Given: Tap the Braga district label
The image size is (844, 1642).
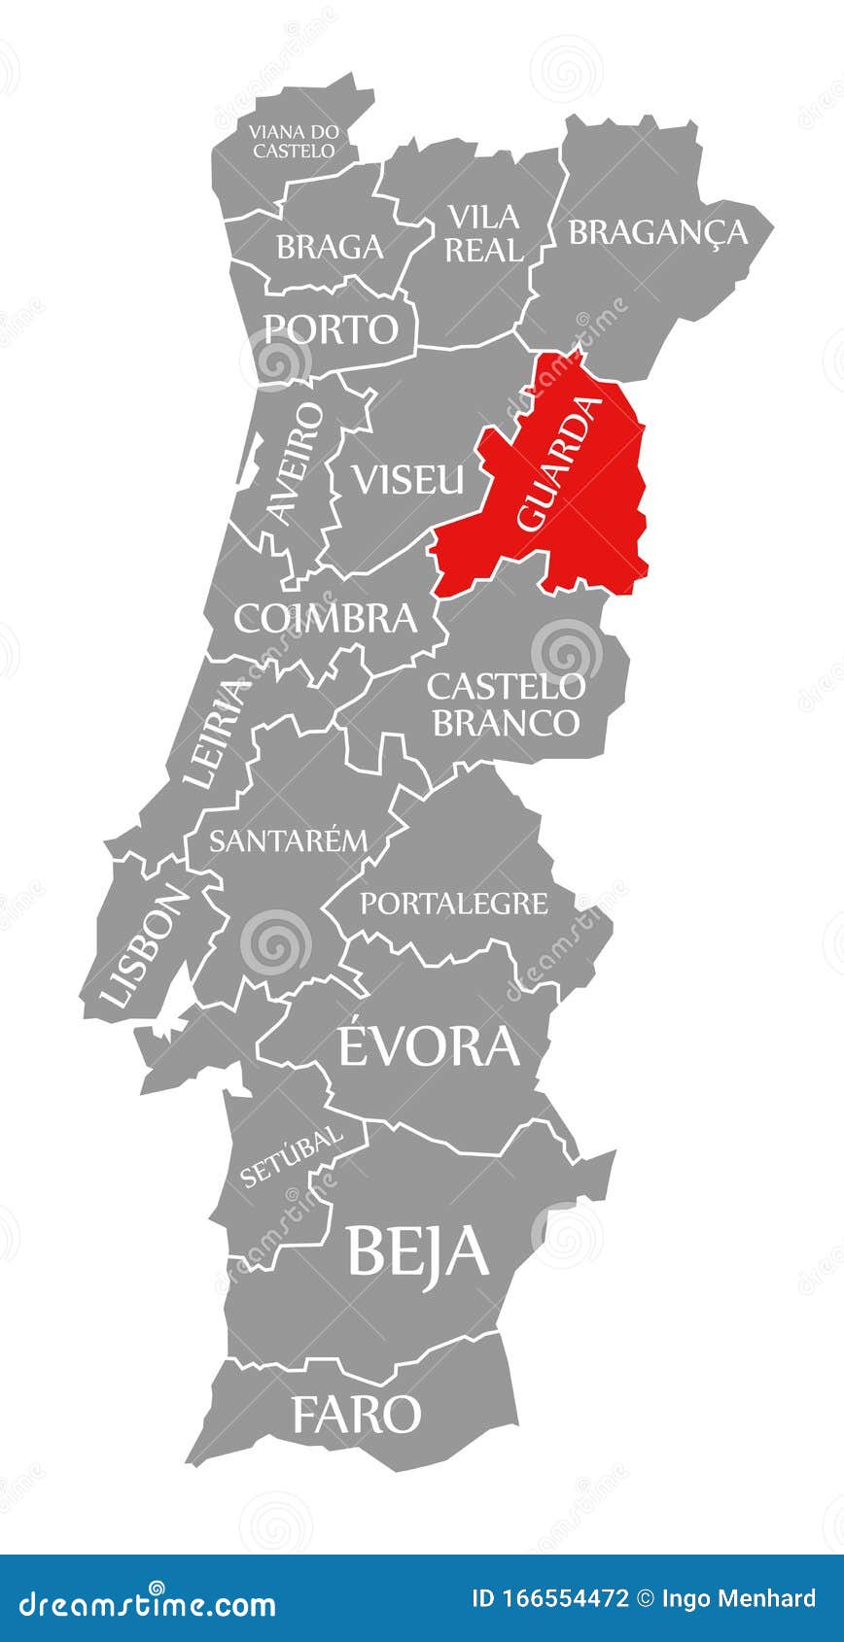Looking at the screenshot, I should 330,247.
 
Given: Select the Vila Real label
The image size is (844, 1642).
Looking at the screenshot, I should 483,233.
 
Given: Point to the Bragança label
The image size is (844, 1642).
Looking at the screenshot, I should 658,232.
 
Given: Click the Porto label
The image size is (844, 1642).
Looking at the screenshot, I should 332,329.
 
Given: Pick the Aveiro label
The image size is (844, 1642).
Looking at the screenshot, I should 296,464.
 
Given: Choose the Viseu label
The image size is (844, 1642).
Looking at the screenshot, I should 408,479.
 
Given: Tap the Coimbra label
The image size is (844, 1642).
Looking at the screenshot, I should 325,618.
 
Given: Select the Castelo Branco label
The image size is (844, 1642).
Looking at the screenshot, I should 506,703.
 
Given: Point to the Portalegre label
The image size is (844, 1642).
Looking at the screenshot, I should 454,904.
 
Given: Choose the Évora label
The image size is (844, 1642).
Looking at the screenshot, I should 428,1046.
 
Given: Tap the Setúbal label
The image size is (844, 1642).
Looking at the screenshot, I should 292,1155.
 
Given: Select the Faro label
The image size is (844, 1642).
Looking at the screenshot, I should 356,1415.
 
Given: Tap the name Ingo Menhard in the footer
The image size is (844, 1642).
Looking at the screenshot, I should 740,1598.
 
